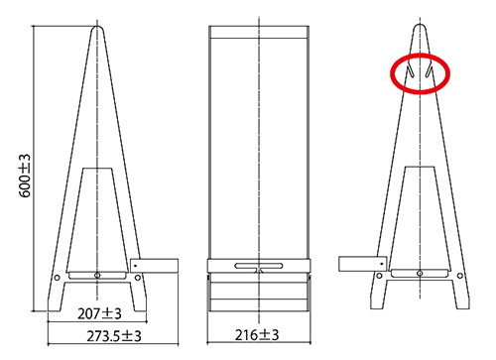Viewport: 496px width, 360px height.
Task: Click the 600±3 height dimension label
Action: point(25,176)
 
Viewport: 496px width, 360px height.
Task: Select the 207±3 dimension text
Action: point(99,313)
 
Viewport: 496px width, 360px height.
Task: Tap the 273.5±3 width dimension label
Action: point(114,336)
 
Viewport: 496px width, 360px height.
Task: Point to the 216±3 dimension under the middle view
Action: point(257,335)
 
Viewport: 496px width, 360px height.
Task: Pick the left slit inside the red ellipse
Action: point(410,70)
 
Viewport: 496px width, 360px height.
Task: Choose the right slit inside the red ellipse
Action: point(429,70)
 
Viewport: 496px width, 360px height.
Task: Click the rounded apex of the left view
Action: point(97,27)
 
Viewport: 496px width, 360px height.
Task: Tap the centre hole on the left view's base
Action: point(97,275)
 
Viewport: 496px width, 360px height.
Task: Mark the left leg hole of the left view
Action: point(57,278)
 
